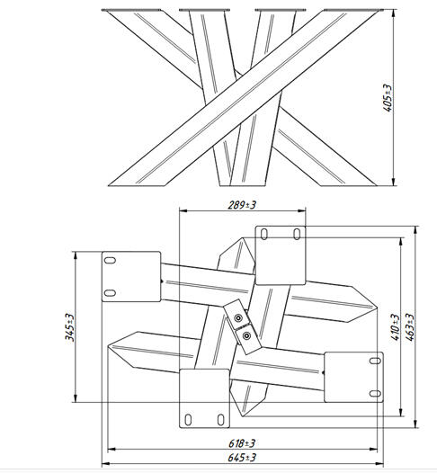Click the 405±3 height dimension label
point(388,98)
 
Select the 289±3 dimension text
point(242,205)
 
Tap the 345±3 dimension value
point(69,327)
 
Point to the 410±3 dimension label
point(395,327)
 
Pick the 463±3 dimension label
point(409,327)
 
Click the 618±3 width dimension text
point(242,443)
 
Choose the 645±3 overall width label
point(242,458)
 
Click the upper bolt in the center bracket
point(238,318)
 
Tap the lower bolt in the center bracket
point(246,335)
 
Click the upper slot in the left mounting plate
point(110,261)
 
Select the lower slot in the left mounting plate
point(110,292)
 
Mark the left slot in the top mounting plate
point(264,234)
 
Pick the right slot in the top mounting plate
point(297,234)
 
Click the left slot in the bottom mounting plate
point(188,420)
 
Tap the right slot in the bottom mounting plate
point(221,420)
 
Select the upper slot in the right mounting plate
point(375,361)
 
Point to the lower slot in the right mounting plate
point(375,393)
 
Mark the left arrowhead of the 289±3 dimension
point(183,210)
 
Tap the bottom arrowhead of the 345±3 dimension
point(76,397)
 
